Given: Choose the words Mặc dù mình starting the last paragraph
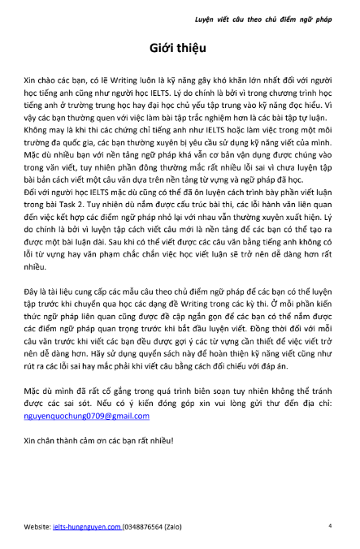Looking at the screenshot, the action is point(54,391).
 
